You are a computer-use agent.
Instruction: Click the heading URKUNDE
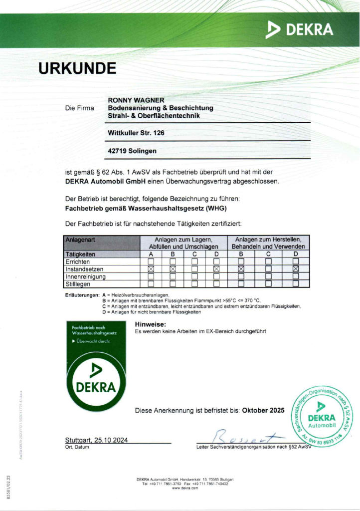coord(77,68)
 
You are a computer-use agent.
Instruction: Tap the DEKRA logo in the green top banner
coord(299,29)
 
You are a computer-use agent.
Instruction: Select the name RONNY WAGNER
coord(136,100)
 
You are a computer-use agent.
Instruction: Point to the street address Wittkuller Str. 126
coord(136,133)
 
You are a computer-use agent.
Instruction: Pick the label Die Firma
coord(79,108)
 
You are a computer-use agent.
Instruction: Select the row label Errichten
coord(78,261)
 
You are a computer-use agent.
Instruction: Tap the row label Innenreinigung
coord(86,276)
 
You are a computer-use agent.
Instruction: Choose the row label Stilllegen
coord(80,283)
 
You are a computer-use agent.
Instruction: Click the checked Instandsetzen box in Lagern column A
coord(151,269)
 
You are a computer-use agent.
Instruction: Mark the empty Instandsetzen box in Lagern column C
coord(195,269)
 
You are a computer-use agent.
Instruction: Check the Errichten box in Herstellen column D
coord(296,261)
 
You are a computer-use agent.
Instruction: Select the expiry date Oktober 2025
coord(263,410)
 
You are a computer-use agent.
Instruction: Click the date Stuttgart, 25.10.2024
coord(97,440)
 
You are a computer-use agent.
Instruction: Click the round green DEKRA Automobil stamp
coord(323,417)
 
